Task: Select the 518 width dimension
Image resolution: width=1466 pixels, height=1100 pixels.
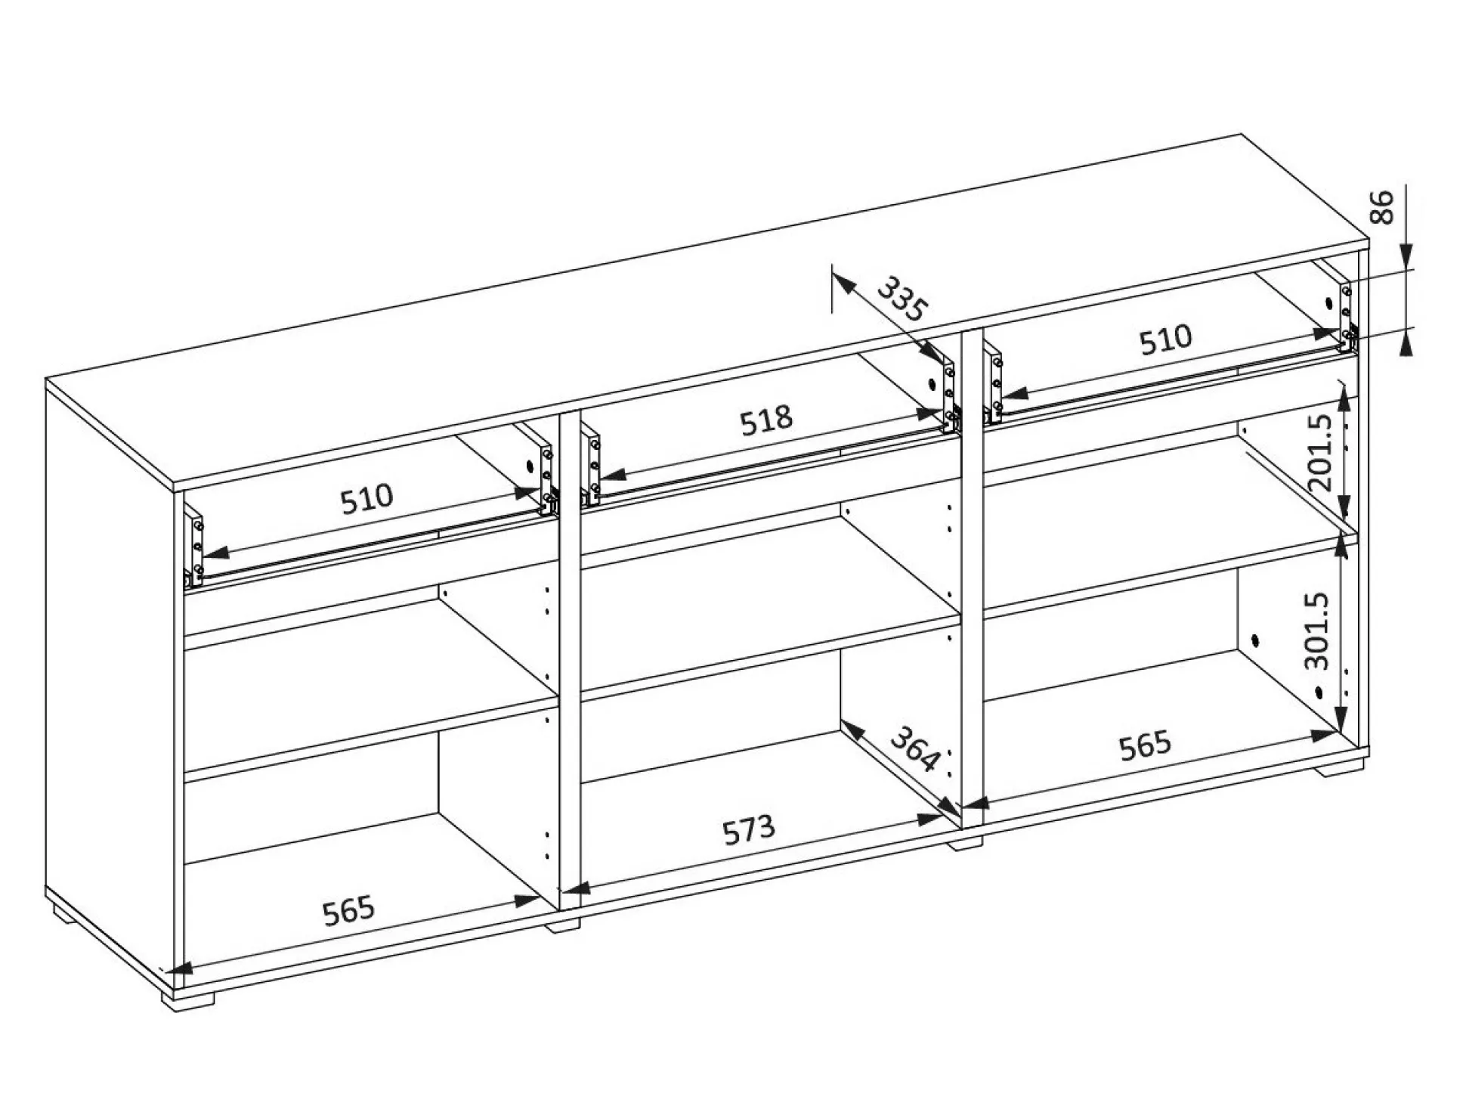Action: click(765, 421)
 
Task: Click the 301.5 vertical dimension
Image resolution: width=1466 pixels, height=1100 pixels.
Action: click(1316, 631)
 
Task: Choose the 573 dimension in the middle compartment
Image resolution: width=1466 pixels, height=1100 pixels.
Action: click(748, 829)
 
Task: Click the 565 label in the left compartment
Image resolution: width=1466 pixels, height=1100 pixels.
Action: click(348, 911)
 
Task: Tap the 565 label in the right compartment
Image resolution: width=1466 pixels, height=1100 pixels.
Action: click(1145, 745)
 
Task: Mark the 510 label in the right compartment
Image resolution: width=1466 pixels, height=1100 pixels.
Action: click(1165, 339)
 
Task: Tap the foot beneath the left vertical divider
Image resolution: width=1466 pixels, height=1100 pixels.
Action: click(563, 924)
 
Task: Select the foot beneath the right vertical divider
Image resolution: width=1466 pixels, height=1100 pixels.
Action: click(965, 843)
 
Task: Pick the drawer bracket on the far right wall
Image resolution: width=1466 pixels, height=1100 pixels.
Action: click(1347, 317)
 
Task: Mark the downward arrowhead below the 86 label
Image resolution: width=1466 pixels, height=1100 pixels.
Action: click(1406, 256)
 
